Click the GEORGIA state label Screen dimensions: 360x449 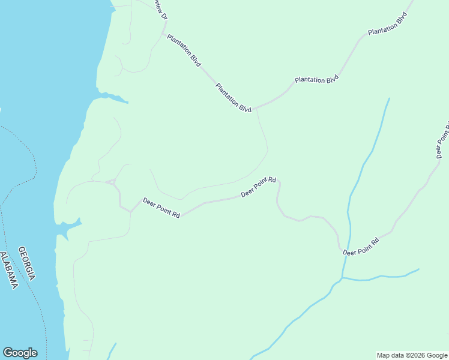pyautogui.click(x=27, y=263)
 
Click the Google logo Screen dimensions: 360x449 pyautogui.click(x=20, y=353)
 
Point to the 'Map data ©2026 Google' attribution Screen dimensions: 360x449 pyautogui.click(x=412, y=355)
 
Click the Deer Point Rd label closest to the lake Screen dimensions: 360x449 pyautogui.click(x=161, y=208)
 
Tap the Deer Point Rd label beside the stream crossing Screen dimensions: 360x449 pyautogui.click(x=361, y=247)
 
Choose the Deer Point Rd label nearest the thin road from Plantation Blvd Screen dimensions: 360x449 pyautogui.click(x=259, y=187)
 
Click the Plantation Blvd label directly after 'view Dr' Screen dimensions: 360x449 pyautogui.click(x=184, y=49)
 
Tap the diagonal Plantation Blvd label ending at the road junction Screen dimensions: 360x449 pyautogui.click(x=234, y=98)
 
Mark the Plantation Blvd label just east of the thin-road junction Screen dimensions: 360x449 pyautogui.click(x=317, y=80)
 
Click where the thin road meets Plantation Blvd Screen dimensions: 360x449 pyautogui.click(x=256, y=109)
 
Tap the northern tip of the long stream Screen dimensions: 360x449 pyautogui.click(x=389, y=98)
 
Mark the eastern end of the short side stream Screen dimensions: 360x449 pyautogui.click(x=418, y=269)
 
